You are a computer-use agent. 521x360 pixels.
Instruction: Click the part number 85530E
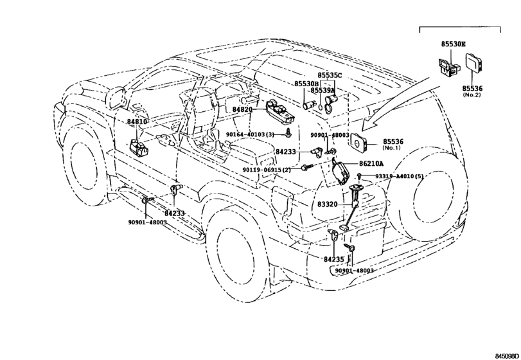click(453, 44)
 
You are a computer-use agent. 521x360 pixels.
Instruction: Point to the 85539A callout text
click(322, 90)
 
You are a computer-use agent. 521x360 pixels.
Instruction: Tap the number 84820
click(242, 109)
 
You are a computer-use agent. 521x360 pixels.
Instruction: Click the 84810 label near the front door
click(137, 122)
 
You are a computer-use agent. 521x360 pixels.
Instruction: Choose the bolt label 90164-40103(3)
click(255, 134)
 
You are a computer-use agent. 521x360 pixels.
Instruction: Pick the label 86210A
click(371, 163)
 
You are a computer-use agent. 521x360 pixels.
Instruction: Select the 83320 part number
click(327, 204)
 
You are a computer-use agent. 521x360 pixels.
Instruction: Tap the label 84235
click(334, 259)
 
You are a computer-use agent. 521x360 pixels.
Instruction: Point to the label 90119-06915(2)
click(267, 170)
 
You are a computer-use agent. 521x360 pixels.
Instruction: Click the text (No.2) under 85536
click(472, 95)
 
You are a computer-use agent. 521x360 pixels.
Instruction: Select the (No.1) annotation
click(392, 148)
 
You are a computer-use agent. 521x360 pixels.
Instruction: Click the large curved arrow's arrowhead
click(370, 124)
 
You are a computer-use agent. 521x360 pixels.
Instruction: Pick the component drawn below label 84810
click(138, 147)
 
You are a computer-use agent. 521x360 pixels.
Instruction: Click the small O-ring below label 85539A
click(319, 107)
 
